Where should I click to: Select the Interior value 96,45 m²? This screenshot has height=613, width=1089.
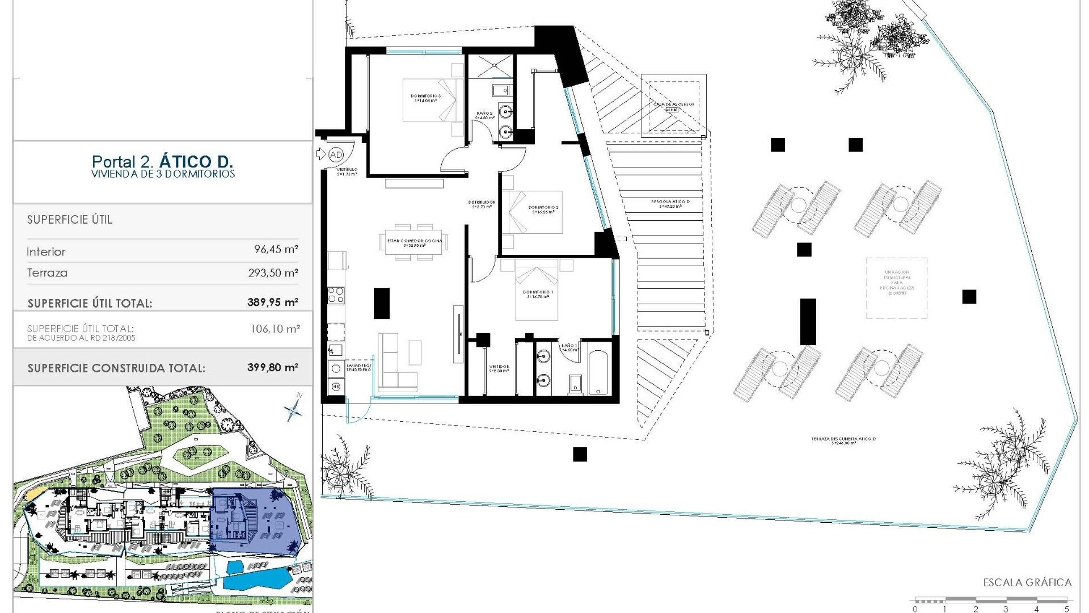[x=276, y=250]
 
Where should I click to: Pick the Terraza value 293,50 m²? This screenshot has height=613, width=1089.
[x=273, y=272]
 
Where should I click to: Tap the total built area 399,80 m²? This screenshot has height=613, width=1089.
[x=272, y=367]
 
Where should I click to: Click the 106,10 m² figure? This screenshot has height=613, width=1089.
[x=275, y=328]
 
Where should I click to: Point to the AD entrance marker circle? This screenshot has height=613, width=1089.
[x=336, y=154]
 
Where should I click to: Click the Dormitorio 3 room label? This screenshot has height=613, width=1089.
[x=425, y=97]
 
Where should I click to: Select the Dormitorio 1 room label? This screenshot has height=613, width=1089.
[x=538, y=294]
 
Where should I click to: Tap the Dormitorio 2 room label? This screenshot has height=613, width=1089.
[x=543, y=209]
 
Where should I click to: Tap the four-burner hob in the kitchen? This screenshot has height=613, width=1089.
[x=336, y=295]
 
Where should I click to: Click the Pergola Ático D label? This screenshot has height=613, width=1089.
[x=670, y=203]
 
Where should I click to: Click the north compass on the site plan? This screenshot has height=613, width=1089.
[x=294, y=408]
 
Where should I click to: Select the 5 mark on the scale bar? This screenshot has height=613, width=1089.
[x=1066, y=609]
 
